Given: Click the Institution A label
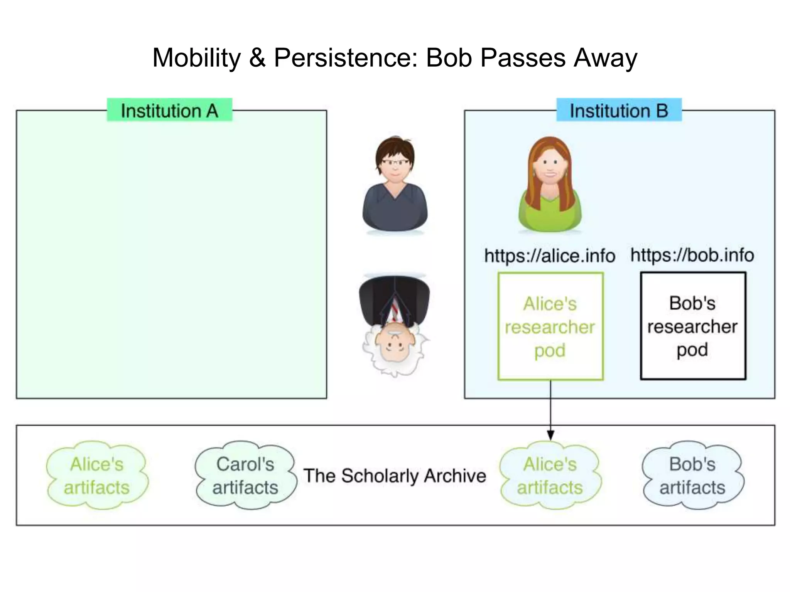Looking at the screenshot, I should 169,111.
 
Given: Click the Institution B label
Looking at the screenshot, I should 619,111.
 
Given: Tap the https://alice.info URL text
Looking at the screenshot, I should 549,256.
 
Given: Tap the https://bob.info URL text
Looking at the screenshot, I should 692,255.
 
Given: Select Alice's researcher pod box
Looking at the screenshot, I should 550,326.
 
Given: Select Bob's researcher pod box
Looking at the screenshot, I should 693,326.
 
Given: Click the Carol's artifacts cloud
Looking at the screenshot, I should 245,476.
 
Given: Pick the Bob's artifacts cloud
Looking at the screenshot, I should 692,476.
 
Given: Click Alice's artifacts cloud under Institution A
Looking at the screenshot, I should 97,476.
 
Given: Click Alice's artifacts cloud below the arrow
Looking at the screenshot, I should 550,476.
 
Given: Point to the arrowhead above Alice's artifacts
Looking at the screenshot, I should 550,435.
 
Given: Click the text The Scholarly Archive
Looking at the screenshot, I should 394,476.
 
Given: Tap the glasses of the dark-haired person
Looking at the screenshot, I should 395,163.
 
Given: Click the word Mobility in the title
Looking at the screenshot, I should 196,58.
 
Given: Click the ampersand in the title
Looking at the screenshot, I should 257,58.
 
